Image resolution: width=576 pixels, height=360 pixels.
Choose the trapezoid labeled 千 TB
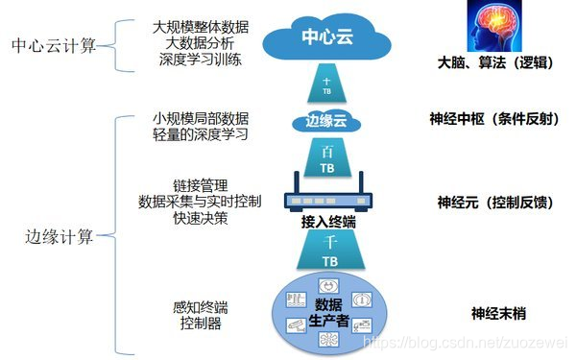328,252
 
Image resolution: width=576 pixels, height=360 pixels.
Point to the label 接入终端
328,222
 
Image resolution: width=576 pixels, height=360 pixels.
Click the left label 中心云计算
54,46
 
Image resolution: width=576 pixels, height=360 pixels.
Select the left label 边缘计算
60,236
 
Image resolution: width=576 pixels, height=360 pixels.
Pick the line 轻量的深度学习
201,133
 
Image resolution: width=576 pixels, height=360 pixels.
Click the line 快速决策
201,218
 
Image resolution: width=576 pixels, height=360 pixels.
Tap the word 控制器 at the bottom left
201,324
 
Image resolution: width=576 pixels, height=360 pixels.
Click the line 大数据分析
201,44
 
